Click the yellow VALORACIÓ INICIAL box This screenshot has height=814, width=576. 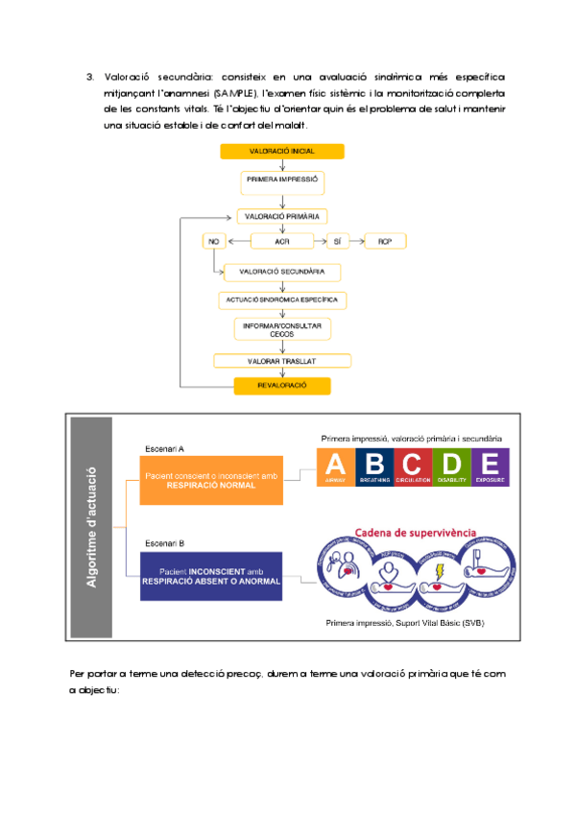281,152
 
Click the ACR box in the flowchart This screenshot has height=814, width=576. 281,242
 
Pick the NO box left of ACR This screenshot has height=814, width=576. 212,242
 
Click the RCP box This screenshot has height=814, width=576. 385,242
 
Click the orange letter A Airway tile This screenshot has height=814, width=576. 335,467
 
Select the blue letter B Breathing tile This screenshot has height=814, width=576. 373,467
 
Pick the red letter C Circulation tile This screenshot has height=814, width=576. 412,467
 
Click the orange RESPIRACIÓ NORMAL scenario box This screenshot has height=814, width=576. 211,480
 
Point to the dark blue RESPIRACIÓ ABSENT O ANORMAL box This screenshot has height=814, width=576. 211,576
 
